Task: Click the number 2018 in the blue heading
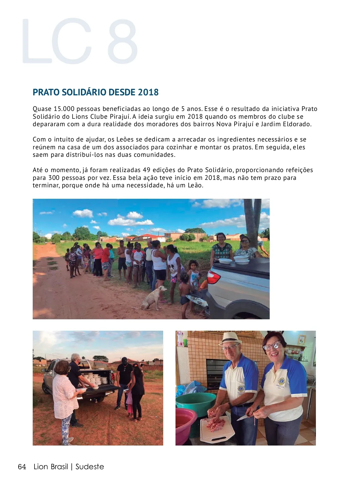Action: click(x=148, y=92)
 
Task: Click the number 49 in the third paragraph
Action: click(x=146, y=170)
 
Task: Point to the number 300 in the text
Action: click(x=54, y=178)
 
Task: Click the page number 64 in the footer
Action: click(x=22, y=467)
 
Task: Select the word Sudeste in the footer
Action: click(x=90, y=467)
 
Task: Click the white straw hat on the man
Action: click(x=230, y=338)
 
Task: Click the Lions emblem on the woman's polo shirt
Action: click(x=281, y=381)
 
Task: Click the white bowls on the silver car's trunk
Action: click(x=241, y=260)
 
